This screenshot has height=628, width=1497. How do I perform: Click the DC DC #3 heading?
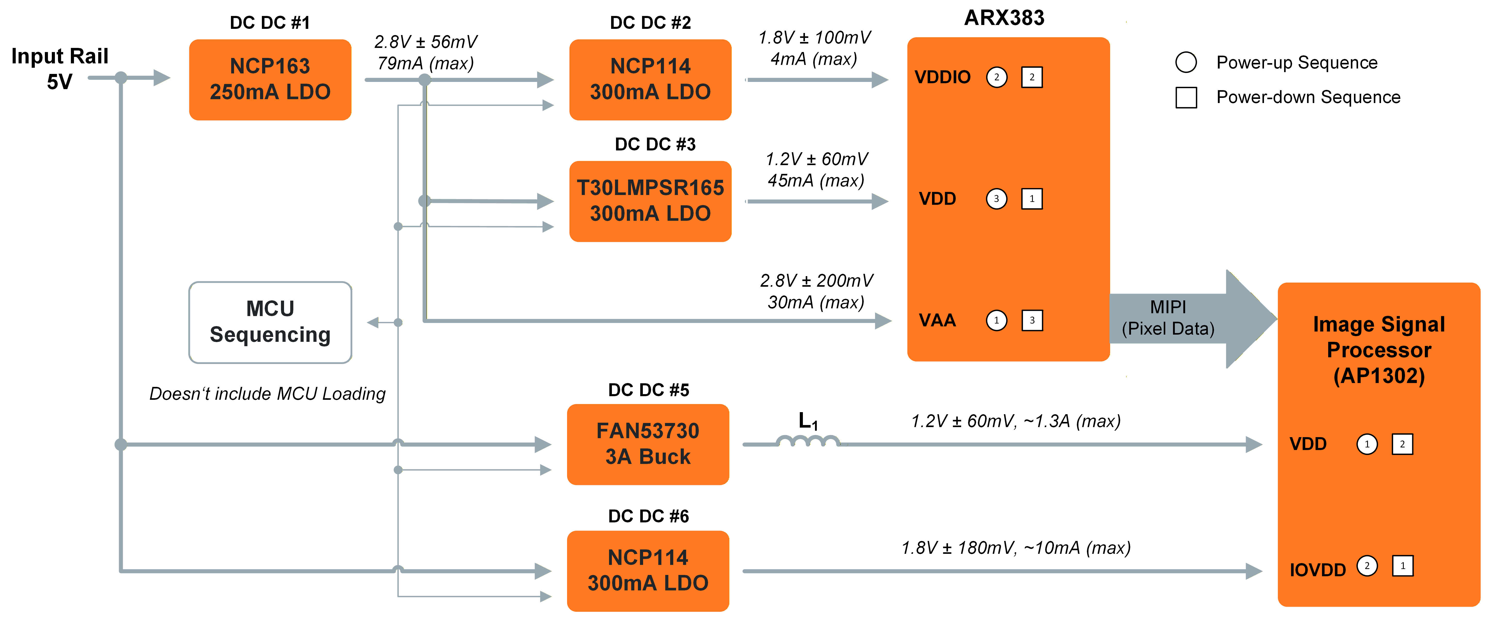655,144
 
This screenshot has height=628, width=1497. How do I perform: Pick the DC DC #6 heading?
648,516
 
